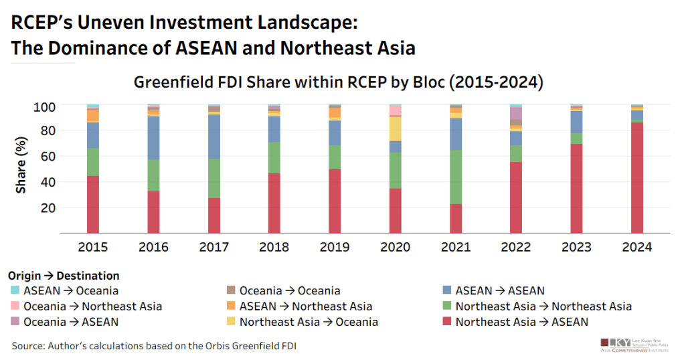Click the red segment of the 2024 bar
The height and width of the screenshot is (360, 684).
(636, 177)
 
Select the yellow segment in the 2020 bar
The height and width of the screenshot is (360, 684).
(395, 128)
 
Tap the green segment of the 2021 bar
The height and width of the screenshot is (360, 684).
(455, 177)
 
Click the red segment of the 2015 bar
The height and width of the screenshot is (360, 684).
(92, 204)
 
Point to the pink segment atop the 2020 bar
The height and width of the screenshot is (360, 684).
(395, 110)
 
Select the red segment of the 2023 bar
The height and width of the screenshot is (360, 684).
(576, 188)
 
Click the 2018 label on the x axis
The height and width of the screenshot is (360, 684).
(274, 247)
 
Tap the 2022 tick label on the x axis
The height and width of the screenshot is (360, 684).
(515, 247)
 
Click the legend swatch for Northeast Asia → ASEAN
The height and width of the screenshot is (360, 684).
(446, 322)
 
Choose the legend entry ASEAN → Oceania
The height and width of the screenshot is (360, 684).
(70, 290)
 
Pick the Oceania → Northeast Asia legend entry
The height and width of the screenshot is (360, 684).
(92, 306)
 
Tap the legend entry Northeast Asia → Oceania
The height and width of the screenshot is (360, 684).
(308, 322)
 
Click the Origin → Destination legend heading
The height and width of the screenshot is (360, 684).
(64, 276)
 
